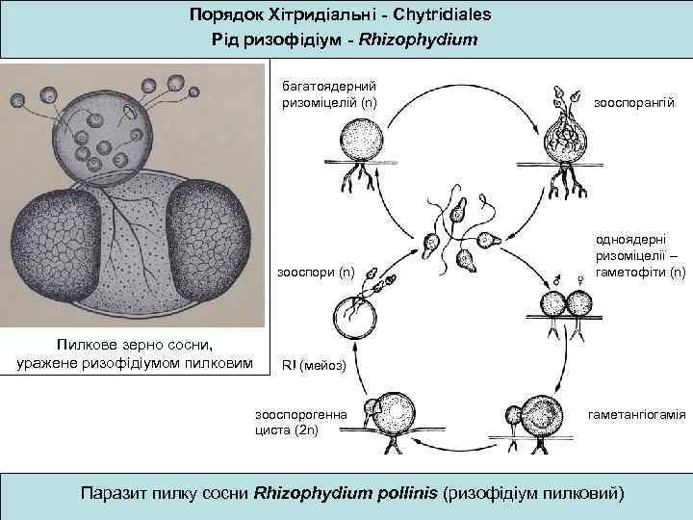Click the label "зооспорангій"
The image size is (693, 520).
(634, 101)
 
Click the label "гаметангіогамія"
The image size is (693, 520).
(636, 415)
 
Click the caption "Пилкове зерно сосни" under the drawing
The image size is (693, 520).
(134, 345)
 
